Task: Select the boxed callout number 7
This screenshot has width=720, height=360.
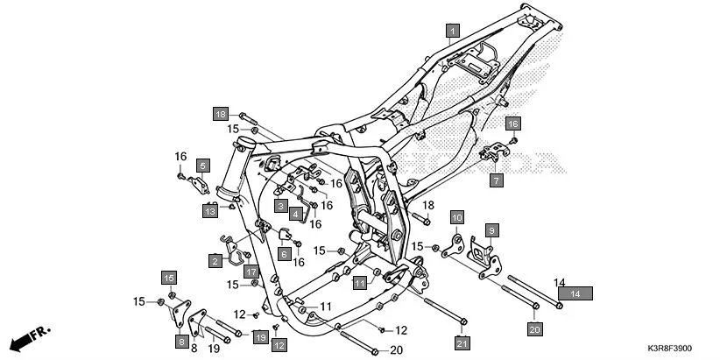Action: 495,181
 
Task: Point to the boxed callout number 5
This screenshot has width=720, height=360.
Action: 202,165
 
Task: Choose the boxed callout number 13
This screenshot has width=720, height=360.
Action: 210,211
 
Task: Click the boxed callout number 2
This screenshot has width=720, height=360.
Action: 215,260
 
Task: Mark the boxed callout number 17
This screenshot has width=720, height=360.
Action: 251,272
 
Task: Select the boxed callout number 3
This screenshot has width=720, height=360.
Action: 280,206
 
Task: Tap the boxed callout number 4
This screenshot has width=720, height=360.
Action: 296,214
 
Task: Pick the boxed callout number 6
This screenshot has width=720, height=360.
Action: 284,253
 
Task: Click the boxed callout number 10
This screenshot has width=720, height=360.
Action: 456,216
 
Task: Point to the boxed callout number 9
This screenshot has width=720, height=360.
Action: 491,230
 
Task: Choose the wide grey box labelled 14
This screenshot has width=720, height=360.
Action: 575,294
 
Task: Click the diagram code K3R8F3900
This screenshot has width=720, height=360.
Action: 680,349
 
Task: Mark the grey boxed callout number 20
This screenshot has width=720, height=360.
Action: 533,329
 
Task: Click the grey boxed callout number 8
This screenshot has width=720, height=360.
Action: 181,341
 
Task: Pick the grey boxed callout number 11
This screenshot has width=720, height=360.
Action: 360,283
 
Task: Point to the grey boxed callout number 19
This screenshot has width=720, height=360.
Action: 260,336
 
